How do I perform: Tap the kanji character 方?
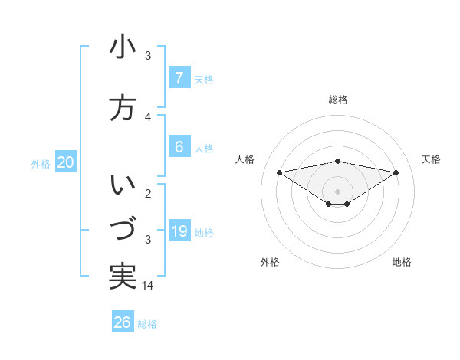pos(123,108)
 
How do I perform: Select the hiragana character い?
pos(123,185)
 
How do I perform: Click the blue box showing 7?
pos(179,78)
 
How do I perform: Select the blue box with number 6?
pos(179,147)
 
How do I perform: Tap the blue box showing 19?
pos(179,231)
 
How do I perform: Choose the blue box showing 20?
pos(66,162)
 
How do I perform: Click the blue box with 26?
pos(123,322)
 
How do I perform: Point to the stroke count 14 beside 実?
pos(148,285)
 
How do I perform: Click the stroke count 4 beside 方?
pos(148,116)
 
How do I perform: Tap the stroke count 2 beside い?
pos(148,193)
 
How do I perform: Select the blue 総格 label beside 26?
pos(147,324)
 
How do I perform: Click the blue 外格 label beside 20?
pos(41,163)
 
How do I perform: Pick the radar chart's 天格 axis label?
pos(431,159)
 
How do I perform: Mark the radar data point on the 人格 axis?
pos(279,172)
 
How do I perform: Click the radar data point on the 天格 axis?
pos(396,172)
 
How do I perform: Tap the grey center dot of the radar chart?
pos(337,191)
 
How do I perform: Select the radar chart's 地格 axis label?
pos(402,262)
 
